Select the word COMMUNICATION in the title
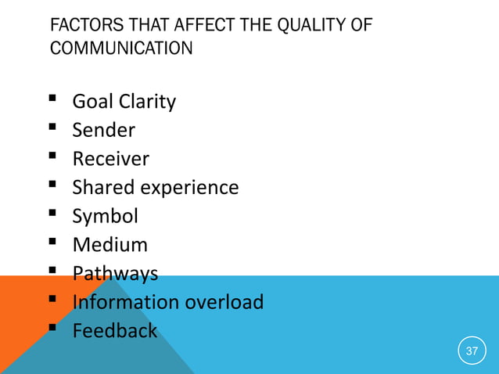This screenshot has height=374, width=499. click(x=121, y=49)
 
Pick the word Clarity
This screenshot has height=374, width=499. click(x=148, y=102)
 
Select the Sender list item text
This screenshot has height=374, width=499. click(x=103, y=131)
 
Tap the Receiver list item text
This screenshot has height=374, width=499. click(x=110, y=160)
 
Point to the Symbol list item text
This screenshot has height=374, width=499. click(x=105, y=216)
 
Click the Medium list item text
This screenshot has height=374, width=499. click(x=109, y=245)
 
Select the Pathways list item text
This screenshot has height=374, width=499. click(x=115, y=274)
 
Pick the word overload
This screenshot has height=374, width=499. click(x=226, y=302)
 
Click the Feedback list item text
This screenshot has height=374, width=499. click(x=114, y=331)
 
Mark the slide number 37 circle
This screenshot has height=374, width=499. click(x=471, y=351)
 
